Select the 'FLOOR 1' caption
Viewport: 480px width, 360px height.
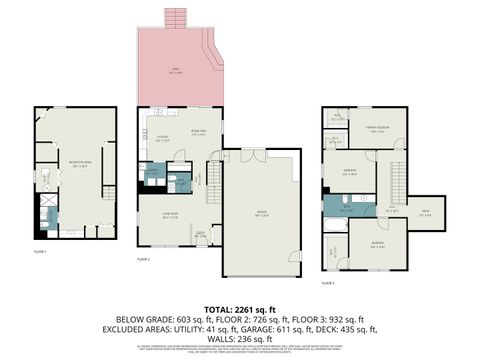coord(41,252)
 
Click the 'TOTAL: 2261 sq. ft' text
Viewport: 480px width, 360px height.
coord(239,309)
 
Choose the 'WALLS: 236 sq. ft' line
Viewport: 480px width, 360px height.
coord(239,338)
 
